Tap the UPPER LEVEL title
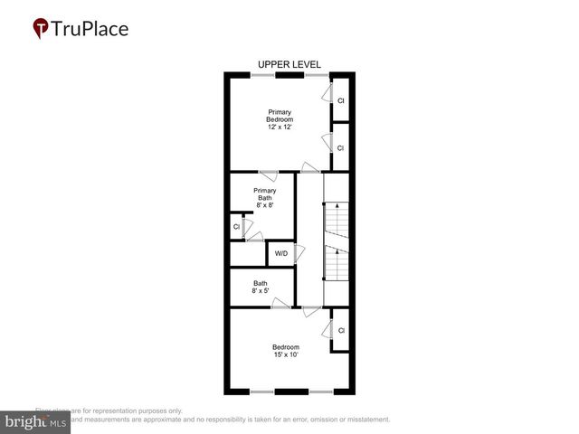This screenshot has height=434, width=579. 289,64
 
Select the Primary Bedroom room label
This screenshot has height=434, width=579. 280,116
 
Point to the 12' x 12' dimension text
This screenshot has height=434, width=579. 280,128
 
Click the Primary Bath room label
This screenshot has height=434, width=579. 264,194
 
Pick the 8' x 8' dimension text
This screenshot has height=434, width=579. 264,205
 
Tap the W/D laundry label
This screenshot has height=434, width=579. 280,253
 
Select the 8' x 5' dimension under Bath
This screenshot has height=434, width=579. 260,290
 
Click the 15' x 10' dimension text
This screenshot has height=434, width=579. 286,354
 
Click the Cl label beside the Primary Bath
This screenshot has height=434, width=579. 236,227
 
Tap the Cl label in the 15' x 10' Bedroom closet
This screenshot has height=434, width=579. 341,331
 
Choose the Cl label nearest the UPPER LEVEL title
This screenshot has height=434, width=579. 341,100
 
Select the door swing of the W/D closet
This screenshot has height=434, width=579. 299,253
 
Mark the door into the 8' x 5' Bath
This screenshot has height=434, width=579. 280,306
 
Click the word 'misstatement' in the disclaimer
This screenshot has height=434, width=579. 366,420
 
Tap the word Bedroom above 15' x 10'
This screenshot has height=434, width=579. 286,346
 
